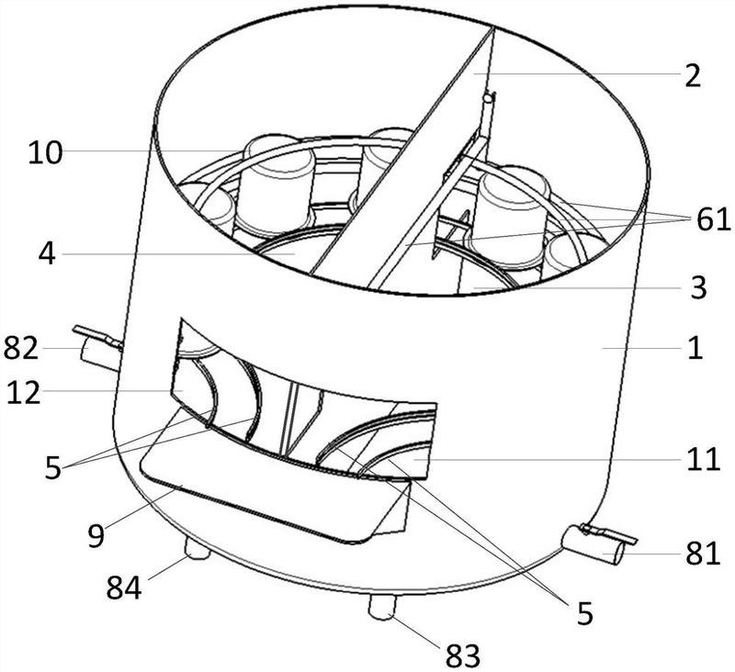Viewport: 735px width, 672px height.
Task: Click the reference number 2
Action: coord(690,75)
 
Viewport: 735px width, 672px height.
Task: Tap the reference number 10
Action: coord(45,152)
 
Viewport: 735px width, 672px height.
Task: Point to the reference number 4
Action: coord(46,252)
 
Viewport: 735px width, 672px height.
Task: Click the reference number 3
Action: coord(698,288)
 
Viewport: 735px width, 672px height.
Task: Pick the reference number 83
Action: coord(462,654)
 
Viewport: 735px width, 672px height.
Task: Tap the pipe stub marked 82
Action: coord(99,352)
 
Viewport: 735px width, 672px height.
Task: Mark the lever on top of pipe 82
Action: coord(96,335)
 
